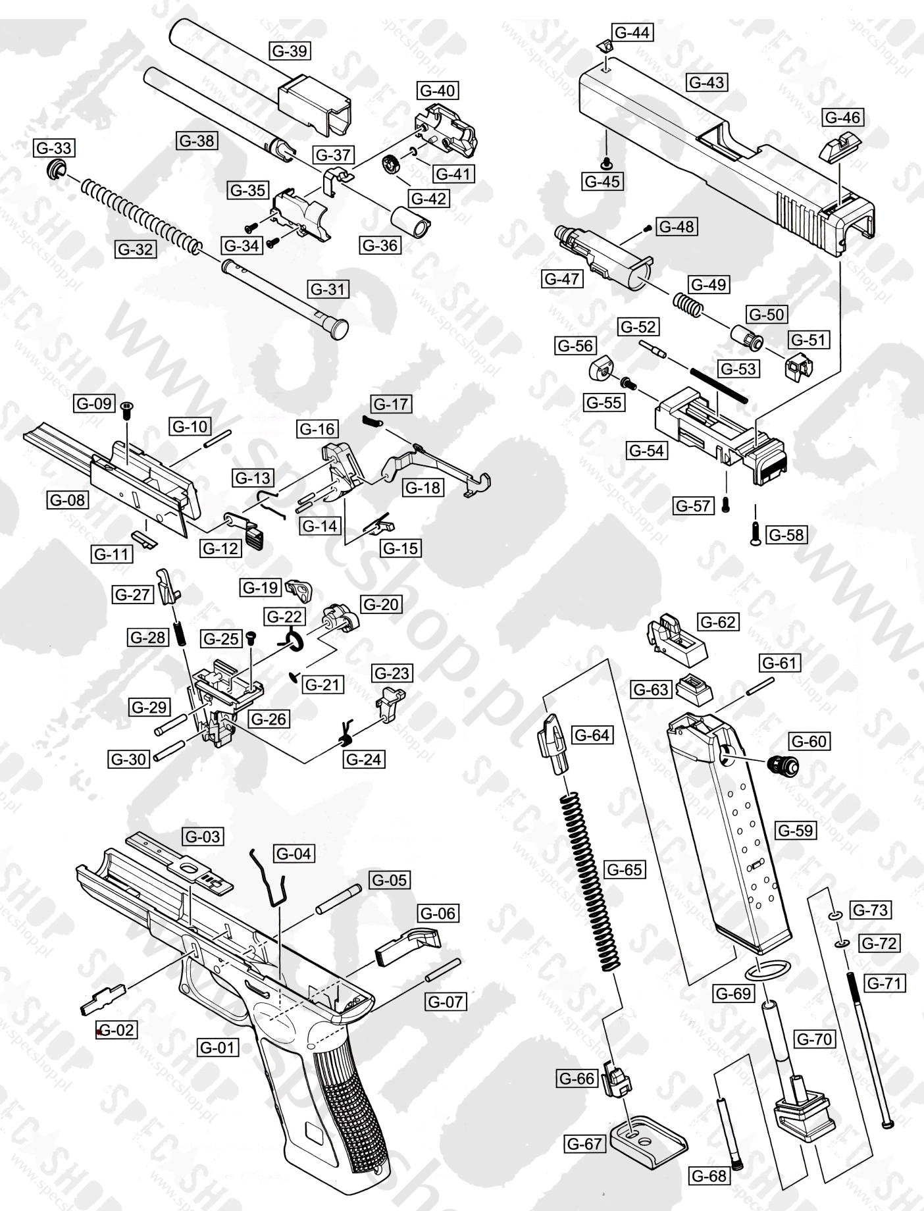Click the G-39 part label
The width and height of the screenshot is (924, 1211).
pos(290,51)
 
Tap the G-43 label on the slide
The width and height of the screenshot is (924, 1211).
pos(707,82)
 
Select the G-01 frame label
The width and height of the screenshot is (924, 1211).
pos(217,1046)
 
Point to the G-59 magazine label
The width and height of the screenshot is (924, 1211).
pos(795,831)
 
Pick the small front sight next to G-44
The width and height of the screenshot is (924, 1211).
pos(604,46)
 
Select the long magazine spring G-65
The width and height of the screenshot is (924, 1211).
pos(591,882)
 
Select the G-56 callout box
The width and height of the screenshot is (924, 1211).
pos(575,346)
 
